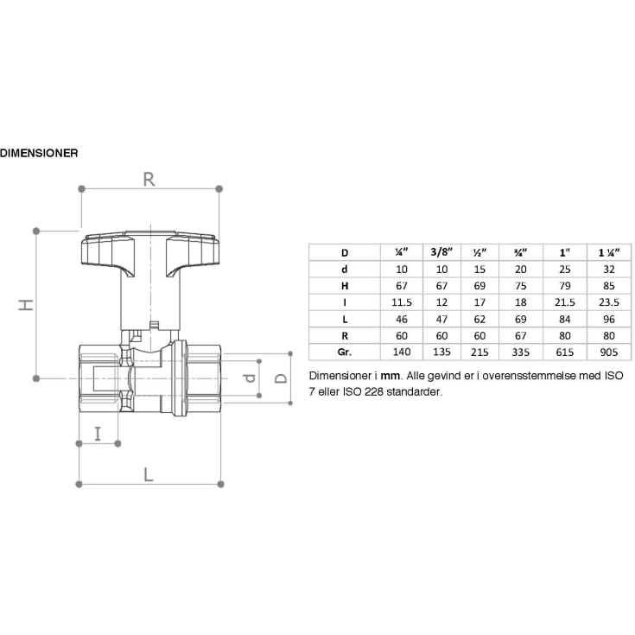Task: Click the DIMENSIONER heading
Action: [40, 154]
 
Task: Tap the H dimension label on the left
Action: [26, 304]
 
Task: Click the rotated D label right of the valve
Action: [281, 378]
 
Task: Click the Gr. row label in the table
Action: [344, 352]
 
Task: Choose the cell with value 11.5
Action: [401, 302]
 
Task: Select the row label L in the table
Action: [344, 319]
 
